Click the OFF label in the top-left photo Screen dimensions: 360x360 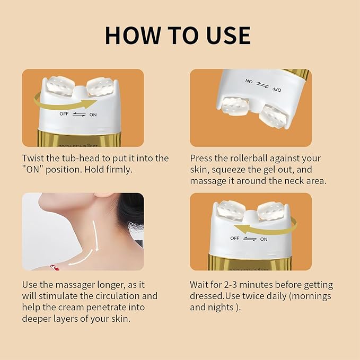pyautogui.click(x=64, y=113)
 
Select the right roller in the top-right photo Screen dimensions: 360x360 pyautogui.click(x=273, y=112)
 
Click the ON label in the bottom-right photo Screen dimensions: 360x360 pyautogui.click(x=264, y=239)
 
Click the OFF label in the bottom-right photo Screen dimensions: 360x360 pyautogui.click(x=234, y=239)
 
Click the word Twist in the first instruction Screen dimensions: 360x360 pyautogui.click(x=33, y=158)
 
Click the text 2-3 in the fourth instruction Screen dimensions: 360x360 pyautogui.click(x=232, y=285)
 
